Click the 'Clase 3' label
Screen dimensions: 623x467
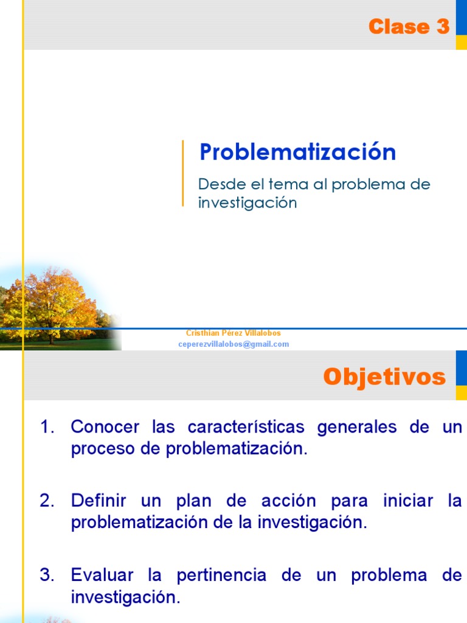click(409, 27)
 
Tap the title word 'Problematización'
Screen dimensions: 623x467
click(297, 152)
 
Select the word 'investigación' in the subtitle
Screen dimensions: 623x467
click(247, 203)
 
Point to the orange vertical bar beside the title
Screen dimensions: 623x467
click(183, 173)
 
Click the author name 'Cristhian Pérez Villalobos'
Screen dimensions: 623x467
click(233, 333)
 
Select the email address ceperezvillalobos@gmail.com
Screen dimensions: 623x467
click(233, 344)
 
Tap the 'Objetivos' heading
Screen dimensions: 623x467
click(384, 377)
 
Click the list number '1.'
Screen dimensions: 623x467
click(48, 427)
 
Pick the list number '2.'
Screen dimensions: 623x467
click(48, 501)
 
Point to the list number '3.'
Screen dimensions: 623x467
click(48, 575)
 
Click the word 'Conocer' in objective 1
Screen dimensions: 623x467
click(105, 427)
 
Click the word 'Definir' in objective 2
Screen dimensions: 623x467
click(99, 501)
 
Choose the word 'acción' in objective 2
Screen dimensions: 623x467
click(289, 501)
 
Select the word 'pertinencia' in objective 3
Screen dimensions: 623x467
click(221, 575)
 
